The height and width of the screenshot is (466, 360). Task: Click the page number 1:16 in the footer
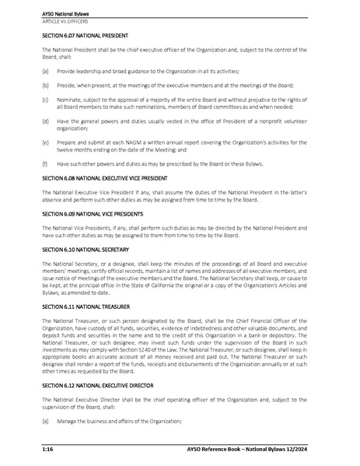point(47,450)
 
